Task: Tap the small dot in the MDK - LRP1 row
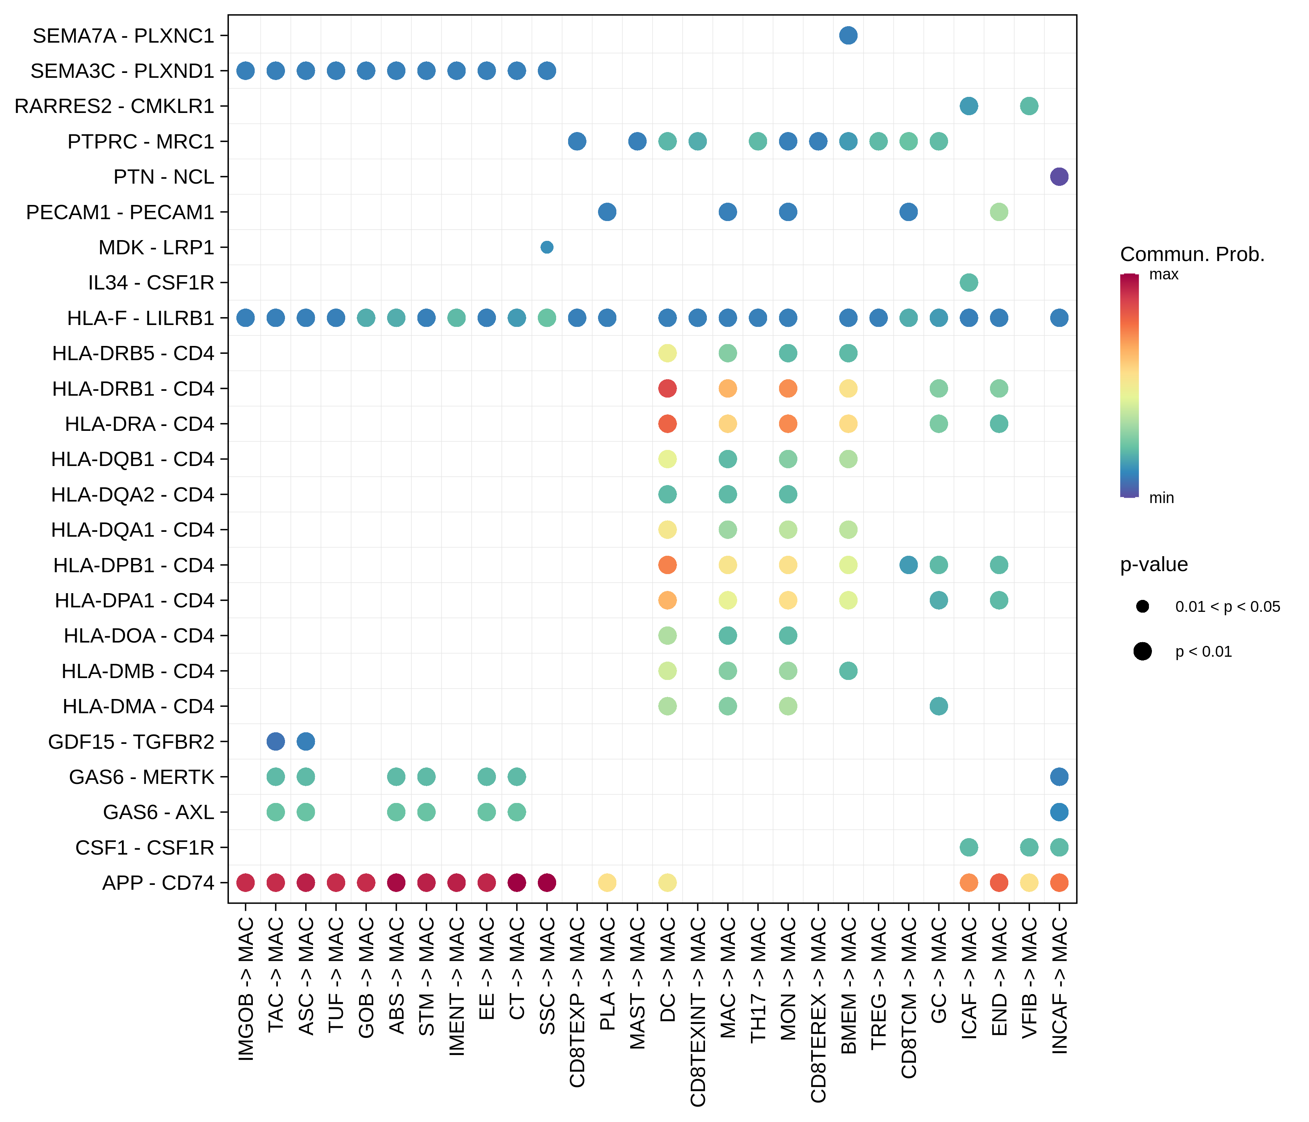coord(547,247)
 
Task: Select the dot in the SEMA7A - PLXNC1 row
coord(849,36)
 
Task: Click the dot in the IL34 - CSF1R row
coord(969,282)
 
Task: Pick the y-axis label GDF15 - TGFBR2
coord(131,742)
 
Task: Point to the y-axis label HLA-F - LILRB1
coord(141,318)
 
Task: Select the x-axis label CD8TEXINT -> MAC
coord(698,1011)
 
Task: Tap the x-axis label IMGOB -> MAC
coord(246,989)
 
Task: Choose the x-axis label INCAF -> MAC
coord(1060,985)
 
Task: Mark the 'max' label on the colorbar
coord(1164,274)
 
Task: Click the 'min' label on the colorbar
coord(1161,498)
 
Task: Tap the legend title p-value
coord(1153,564)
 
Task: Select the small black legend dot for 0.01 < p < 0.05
coord(1142,607)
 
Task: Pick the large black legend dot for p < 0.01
coord(1142,652)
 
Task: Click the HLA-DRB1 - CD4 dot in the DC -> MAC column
coord(667,389)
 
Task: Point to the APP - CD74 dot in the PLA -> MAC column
coord(607,883)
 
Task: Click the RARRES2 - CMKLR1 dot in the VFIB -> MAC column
coord(1029,106)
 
